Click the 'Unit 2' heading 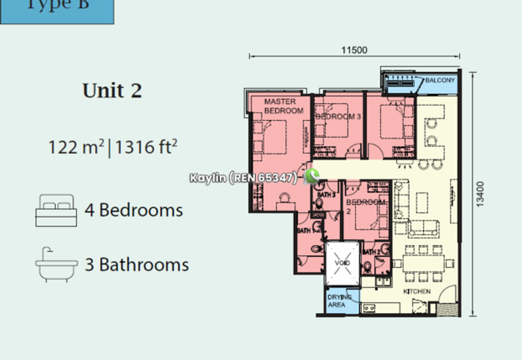112,91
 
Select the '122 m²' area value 76,147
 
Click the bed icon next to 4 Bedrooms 56,210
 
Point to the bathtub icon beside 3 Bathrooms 56,265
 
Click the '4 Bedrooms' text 134,211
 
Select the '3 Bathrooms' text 137,265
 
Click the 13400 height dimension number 480,194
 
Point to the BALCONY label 440,80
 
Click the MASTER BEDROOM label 283,106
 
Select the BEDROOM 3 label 338,116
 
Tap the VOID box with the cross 343,263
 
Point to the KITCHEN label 416,291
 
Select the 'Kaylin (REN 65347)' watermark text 243,177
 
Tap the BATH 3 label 326,194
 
